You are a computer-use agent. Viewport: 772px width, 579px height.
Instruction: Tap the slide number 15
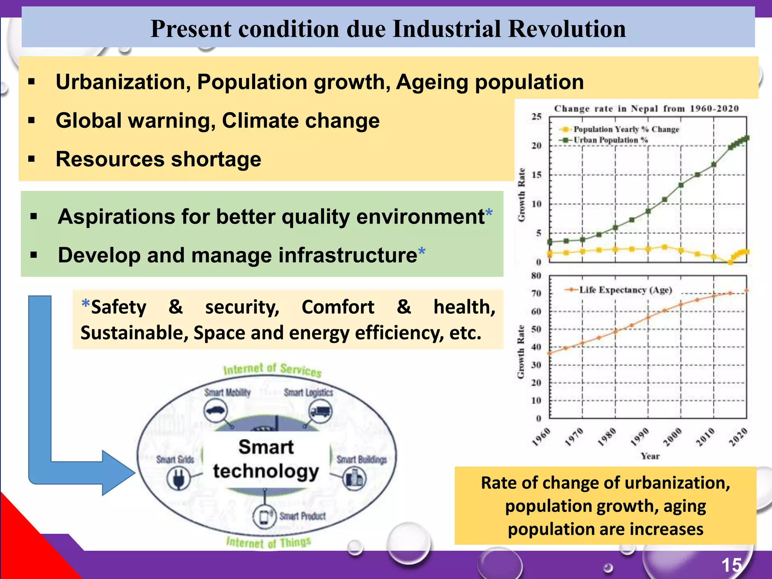[731, 565]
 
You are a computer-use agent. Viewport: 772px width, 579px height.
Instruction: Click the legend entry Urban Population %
[610, 140]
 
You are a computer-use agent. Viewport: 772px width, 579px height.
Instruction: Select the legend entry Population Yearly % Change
[626, 129]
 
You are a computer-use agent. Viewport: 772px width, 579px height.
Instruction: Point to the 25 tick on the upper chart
[536, 116]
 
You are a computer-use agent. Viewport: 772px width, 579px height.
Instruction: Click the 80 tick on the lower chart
[536, 276]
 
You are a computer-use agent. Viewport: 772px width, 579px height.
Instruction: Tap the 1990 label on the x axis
[640, 437]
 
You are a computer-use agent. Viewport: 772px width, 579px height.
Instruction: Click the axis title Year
[650, 456]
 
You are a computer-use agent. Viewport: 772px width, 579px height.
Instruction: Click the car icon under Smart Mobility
[216, 411]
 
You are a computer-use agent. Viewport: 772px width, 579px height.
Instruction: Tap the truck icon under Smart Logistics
[320, 411]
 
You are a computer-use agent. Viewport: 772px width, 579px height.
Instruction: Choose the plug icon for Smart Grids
[178, 478]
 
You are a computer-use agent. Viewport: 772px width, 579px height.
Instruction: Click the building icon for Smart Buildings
[354, 478]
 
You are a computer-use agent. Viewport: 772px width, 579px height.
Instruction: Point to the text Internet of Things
[268, 543]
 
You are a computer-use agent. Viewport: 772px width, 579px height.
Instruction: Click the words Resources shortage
[158, 159]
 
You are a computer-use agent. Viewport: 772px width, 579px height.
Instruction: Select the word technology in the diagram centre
[266, 471]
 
